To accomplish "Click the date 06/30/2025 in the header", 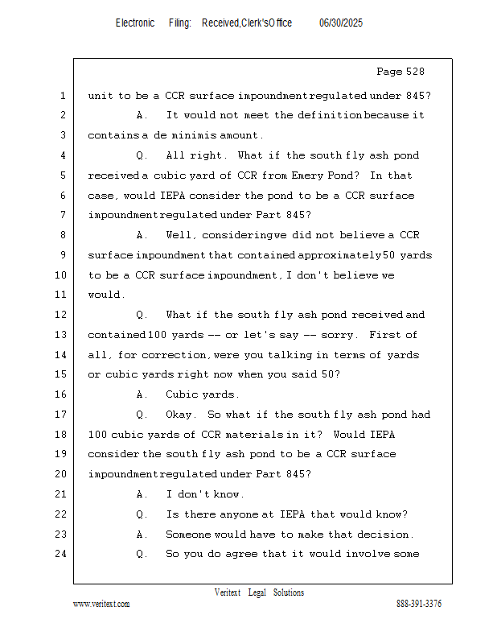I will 341,23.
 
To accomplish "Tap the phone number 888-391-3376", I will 419,604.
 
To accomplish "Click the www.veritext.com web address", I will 101,604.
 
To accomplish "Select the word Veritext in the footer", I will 227,592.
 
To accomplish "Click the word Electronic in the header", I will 135,23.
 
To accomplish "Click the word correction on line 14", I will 182,355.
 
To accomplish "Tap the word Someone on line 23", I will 191,535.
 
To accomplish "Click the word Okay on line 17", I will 180,415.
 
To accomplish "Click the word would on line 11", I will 105,295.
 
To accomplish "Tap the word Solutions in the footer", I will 289,592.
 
